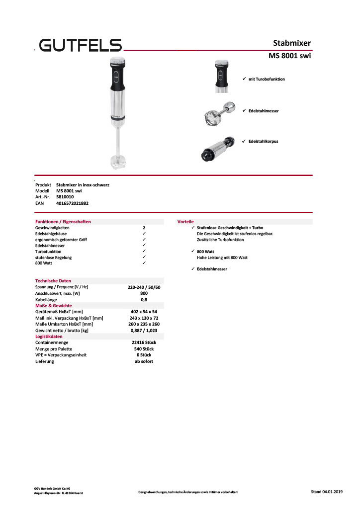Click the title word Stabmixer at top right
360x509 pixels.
pos(292,43)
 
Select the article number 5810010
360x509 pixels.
pos(65,197)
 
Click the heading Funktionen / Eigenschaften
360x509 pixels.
pos(63,221)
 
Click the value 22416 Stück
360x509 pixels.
pos(144,342)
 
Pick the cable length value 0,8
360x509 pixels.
pos(144,300)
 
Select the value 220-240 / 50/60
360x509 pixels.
pos(144,287)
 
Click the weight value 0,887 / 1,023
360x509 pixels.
pos(144,330)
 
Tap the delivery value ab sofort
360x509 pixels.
pos(144,361)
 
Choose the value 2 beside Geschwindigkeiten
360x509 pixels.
pos(144,227)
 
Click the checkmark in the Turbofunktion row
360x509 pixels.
pos(144,251)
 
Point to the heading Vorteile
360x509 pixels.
pos(185,221)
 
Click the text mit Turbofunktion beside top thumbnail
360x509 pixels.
pos(267,79)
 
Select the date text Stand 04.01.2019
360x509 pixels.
pos(327,492)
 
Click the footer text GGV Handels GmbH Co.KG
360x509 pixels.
pos(49,489)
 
